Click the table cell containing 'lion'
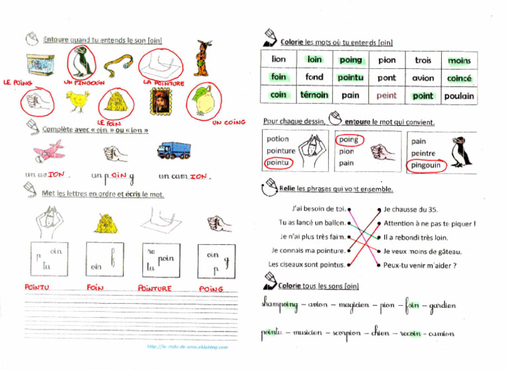coord(279,60)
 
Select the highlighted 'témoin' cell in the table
coord(314,95)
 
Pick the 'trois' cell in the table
coord(423,60)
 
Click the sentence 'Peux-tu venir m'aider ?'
coord(419,265)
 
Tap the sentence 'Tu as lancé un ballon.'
coord(312,223)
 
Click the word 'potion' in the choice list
coord(277,140)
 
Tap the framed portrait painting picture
coord(157,103)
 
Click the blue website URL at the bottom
coord(187,347)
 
